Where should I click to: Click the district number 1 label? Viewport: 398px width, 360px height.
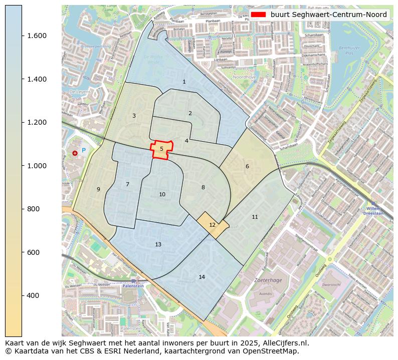[x=184, y=82]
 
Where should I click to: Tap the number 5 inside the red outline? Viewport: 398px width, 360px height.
[x=161, y=149]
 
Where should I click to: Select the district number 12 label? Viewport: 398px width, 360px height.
[x=212, y=225]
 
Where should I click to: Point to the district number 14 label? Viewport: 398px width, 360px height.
[x=202, y=277]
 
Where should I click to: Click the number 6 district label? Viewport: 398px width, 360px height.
[x=247, y=166]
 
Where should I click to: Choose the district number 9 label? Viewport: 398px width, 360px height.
[x=98, y=189]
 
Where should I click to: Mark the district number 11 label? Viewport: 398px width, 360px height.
[x=255, y=217]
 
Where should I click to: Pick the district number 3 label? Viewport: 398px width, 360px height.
[x=134, y=116]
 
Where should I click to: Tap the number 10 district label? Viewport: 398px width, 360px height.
[x=162, y=194]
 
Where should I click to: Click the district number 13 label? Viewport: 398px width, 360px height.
[x=158, y=244]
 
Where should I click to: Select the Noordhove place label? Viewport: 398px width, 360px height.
[x=244, y=78]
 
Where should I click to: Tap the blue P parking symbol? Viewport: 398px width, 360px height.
[x=84, y=150]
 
